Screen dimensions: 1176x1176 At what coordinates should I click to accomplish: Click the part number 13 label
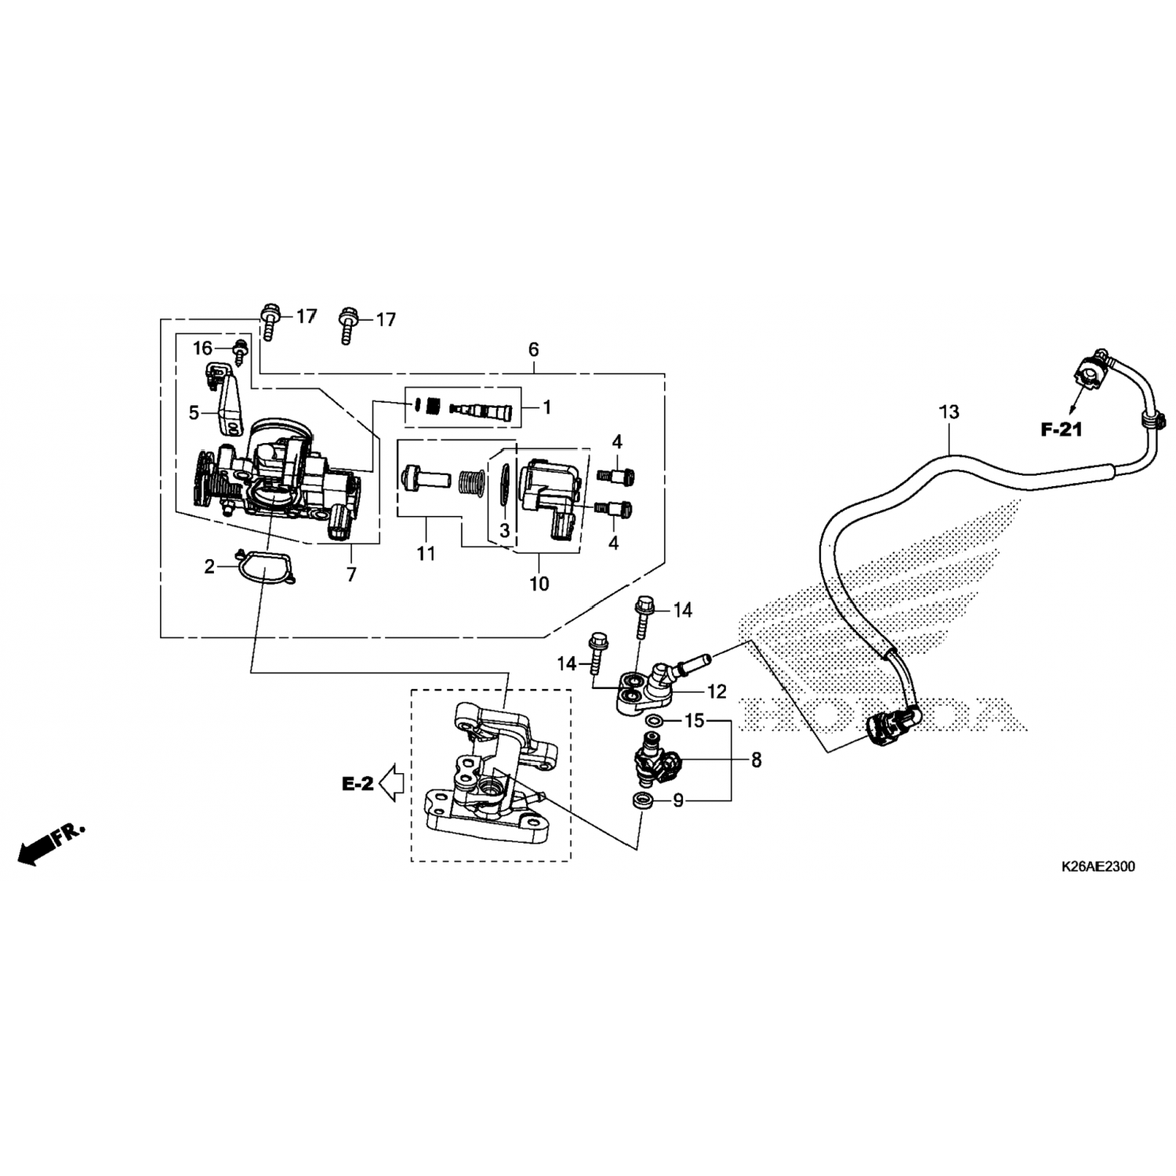[949, 412]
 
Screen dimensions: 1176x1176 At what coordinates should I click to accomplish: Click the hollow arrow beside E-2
[390, 782]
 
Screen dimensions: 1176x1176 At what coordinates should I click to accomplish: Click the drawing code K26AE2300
[1097, 866]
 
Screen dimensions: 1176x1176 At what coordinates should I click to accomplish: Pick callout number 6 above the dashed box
[534, 350]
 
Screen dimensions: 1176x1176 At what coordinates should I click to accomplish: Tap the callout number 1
[546, 407]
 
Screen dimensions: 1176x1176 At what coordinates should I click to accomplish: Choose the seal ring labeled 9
[643, 801]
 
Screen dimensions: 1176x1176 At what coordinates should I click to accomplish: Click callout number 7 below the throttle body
[351, 574]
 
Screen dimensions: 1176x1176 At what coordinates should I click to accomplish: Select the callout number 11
[426, 554]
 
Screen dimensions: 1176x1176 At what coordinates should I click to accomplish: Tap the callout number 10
[539, 583]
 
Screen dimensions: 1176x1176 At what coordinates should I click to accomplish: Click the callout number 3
[504, 531]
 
